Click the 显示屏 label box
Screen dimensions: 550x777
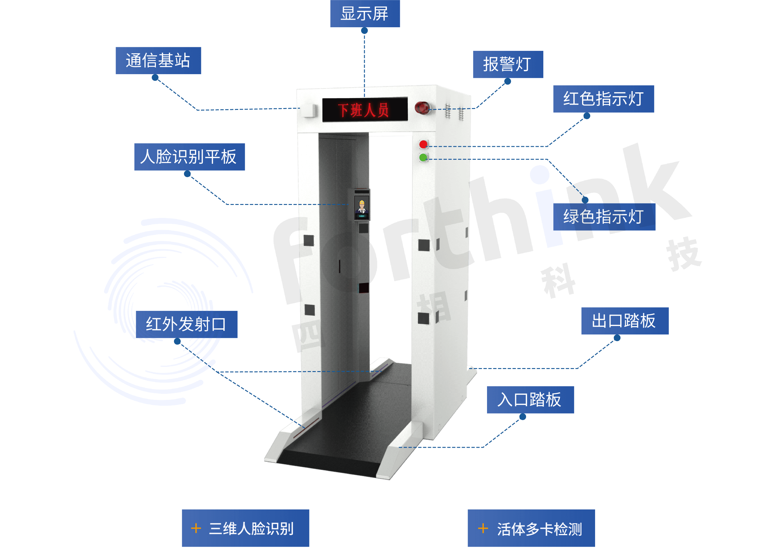(x=365, y=14)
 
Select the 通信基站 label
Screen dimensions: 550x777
(x=158, y=61)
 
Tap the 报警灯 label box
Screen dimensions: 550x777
(x=508, y=64)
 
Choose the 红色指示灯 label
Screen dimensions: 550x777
(x=603, y=99)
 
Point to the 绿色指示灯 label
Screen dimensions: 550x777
(x=604, y=217)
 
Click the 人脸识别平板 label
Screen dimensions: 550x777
(x=189, y=157)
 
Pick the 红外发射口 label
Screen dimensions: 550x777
(x=186, y=324)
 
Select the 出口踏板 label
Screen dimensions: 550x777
(x=625, y=321)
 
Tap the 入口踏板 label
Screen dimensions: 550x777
(x=530, y=400)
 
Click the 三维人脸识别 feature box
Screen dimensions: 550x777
(x=245, y=528)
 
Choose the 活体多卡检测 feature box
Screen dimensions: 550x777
(x=531, y=528)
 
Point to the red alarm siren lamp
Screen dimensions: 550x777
(x=422, y=108)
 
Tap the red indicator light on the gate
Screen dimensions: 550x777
(x=423, y=145)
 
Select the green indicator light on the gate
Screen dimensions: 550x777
(x=423, y=157)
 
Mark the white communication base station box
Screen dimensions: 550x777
(x=309, y=110)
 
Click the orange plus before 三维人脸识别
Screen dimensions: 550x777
(x=196, y=528)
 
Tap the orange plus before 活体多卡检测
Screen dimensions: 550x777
(x=483, y=528)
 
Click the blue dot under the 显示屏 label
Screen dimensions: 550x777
(x=364, y=31)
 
